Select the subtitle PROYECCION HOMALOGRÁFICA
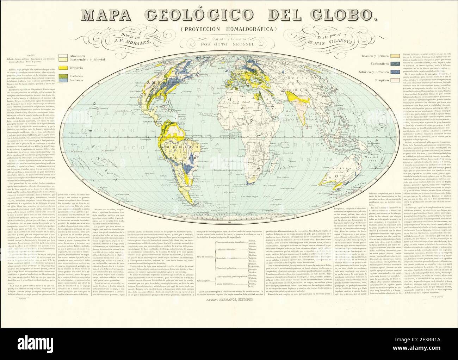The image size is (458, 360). point(229,29)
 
